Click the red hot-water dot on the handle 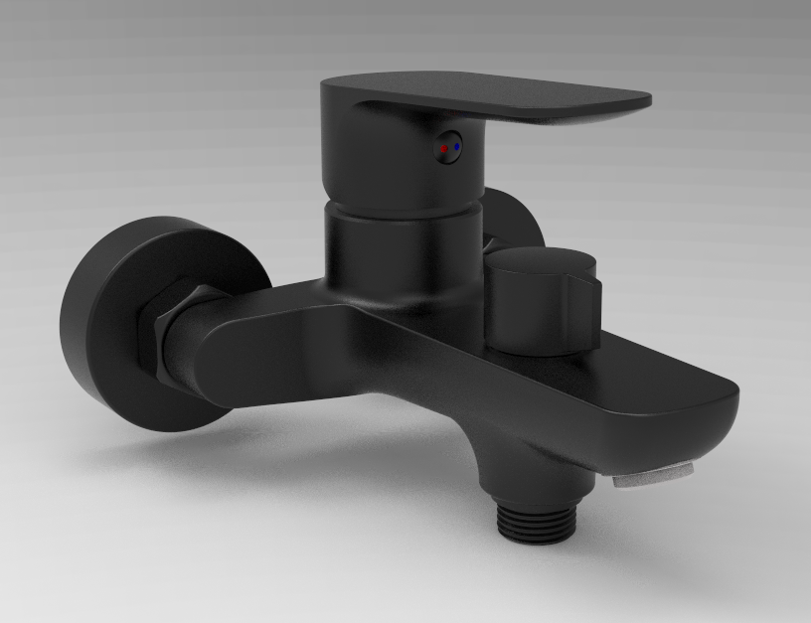tap(443, 149)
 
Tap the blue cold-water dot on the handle tap(455, 147)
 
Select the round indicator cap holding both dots tap(449, 147)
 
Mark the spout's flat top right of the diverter tap(656, 368)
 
